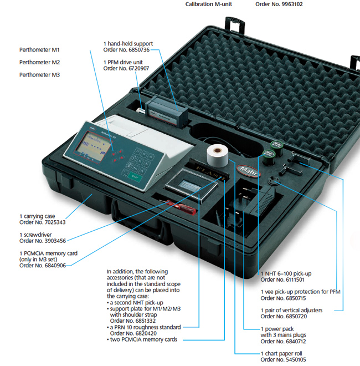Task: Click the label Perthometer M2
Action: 40,62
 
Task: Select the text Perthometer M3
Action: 40,74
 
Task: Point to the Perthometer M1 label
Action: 40,50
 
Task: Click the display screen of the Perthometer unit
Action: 90,148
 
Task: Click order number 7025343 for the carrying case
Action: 43,222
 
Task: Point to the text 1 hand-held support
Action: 128,43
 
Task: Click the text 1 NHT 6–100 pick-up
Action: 287,274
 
